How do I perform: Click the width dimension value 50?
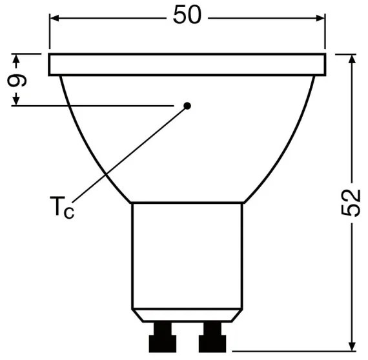point(187,15)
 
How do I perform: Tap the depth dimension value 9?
point(19,80)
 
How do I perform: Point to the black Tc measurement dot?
point(187,105)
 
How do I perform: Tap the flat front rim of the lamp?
point(187,65)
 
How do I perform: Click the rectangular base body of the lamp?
point(187,258)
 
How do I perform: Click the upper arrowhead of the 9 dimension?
point(17,59)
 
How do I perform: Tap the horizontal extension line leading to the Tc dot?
point(97,105)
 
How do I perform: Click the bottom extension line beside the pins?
point(291,355)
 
